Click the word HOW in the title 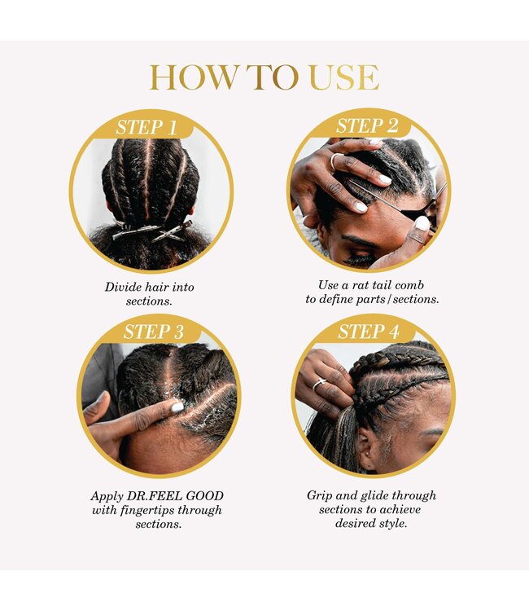click(x=193, y=77)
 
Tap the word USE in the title click(x=343, y=77)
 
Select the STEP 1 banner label click(x=146, y=127)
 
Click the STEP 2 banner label click(x=367, y=125)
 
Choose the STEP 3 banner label click(x=153, y=332)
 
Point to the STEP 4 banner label click(x=368, y=332)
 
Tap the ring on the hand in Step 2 click(x=335, y=161)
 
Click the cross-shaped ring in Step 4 click(x=319, y=384)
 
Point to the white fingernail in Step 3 click(x=177, y=407)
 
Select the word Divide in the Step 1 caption click(x=123, y=288)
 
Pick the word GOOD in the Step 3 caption click(x=205, y=496)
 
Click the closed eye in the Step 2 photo click(x=358, y=258)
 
